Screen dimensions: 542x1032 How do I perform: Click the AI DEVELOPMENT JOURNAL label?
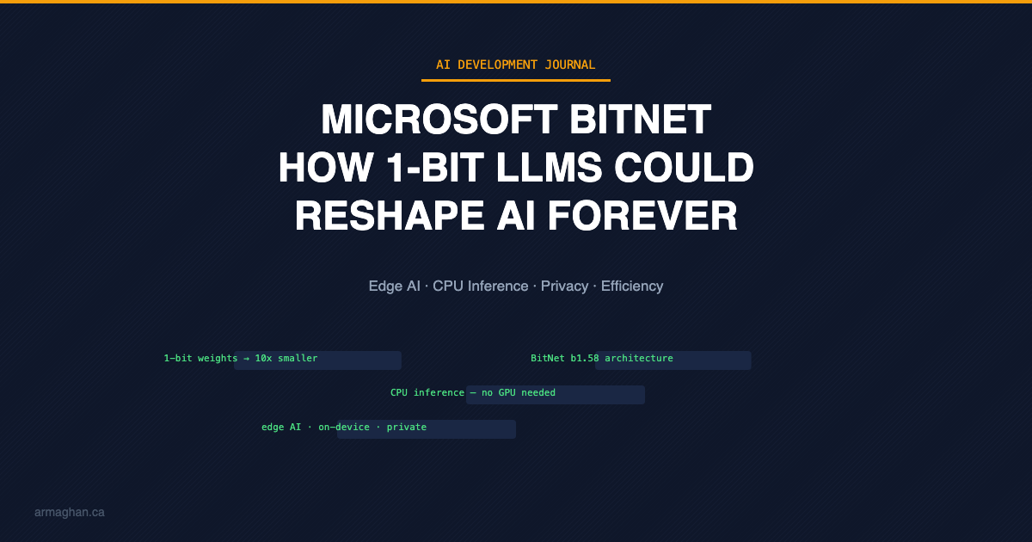516,65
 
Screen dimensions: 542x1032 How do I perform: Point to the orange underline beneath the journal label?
516,80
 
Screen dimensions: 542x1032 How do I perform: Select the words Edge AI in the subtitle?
395,286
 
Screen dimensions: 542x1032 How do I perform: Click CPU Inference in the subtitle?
481,286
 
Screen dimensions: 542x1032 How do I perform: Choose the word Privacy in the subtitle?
565,286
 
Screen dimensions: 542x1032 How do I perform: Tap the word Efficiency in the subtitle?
632,286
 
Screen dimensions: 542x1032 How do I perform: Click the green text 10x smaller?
286,358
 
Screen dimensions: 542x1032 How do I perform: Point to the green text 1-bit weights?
200,358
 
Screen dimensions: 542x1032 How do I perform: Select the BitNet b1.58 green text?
564,358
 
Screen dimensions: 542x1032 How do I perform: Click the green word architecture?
639,358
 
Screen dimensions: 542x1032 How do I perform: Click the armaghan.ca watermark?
70,512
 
